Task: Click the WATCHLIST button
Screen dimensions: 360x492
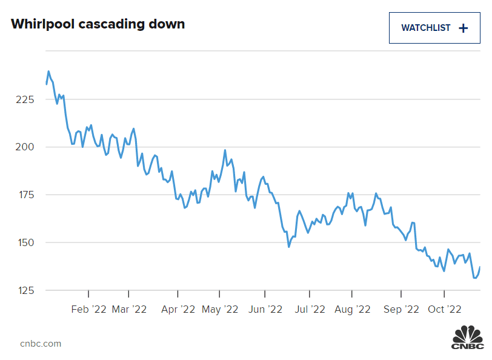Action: pyautogui.click(x=434, y=27)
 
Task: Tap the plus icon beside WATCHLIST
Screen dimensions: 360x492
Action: pyautogui.click(x=464, y=28)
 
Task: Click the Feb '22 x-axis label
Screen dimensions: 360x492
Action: pyautogui.click(x=88, y=309)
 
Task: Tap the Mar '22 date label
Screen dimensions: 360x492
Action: pyautogui.click(x=130, y=309)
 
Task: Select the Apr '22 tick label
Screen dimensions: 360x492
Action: pyautogui.click(x=178, y=309)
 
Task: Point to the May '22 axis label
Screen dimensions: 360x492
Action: pyautogui.click(x=219, y=309)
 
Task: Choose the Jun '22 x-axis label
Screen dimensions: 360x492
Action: pyautogui.click(x=265, y=309)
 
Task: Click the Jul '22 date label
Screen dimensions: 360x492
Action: pyautogui.click(x=309, y=309)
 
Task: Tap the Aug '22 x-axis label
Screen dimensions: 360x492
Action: pyautogui.click(x=352, y=309)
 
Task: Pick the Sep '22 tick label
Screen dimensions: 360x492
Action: pyautogui.click(x=401, y=309)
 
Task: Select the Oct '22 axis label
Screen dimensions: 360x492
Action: pyautogui.click(x=445, y=309)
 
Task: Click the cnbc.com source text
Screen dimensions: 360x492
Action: pyautogui.click(x=41, y=344)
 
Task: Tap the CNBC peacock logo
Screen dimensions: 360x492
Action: pyautogui.click(x=468, y=337)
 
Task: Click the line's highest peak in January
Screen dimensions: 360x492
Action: pyautogui.click(x=48, y=72)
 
